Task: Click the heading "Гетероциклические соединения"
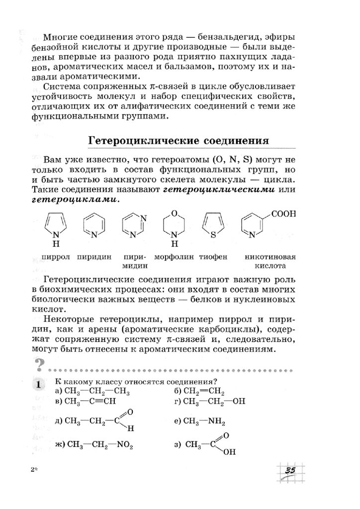[179, 141]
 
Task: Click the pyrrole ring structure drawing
[56, 226]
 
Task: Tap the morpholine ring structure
[174, 226]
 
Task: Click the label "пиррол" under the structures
[56, 257]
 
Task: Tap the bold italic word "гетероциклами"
[75, 200]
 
